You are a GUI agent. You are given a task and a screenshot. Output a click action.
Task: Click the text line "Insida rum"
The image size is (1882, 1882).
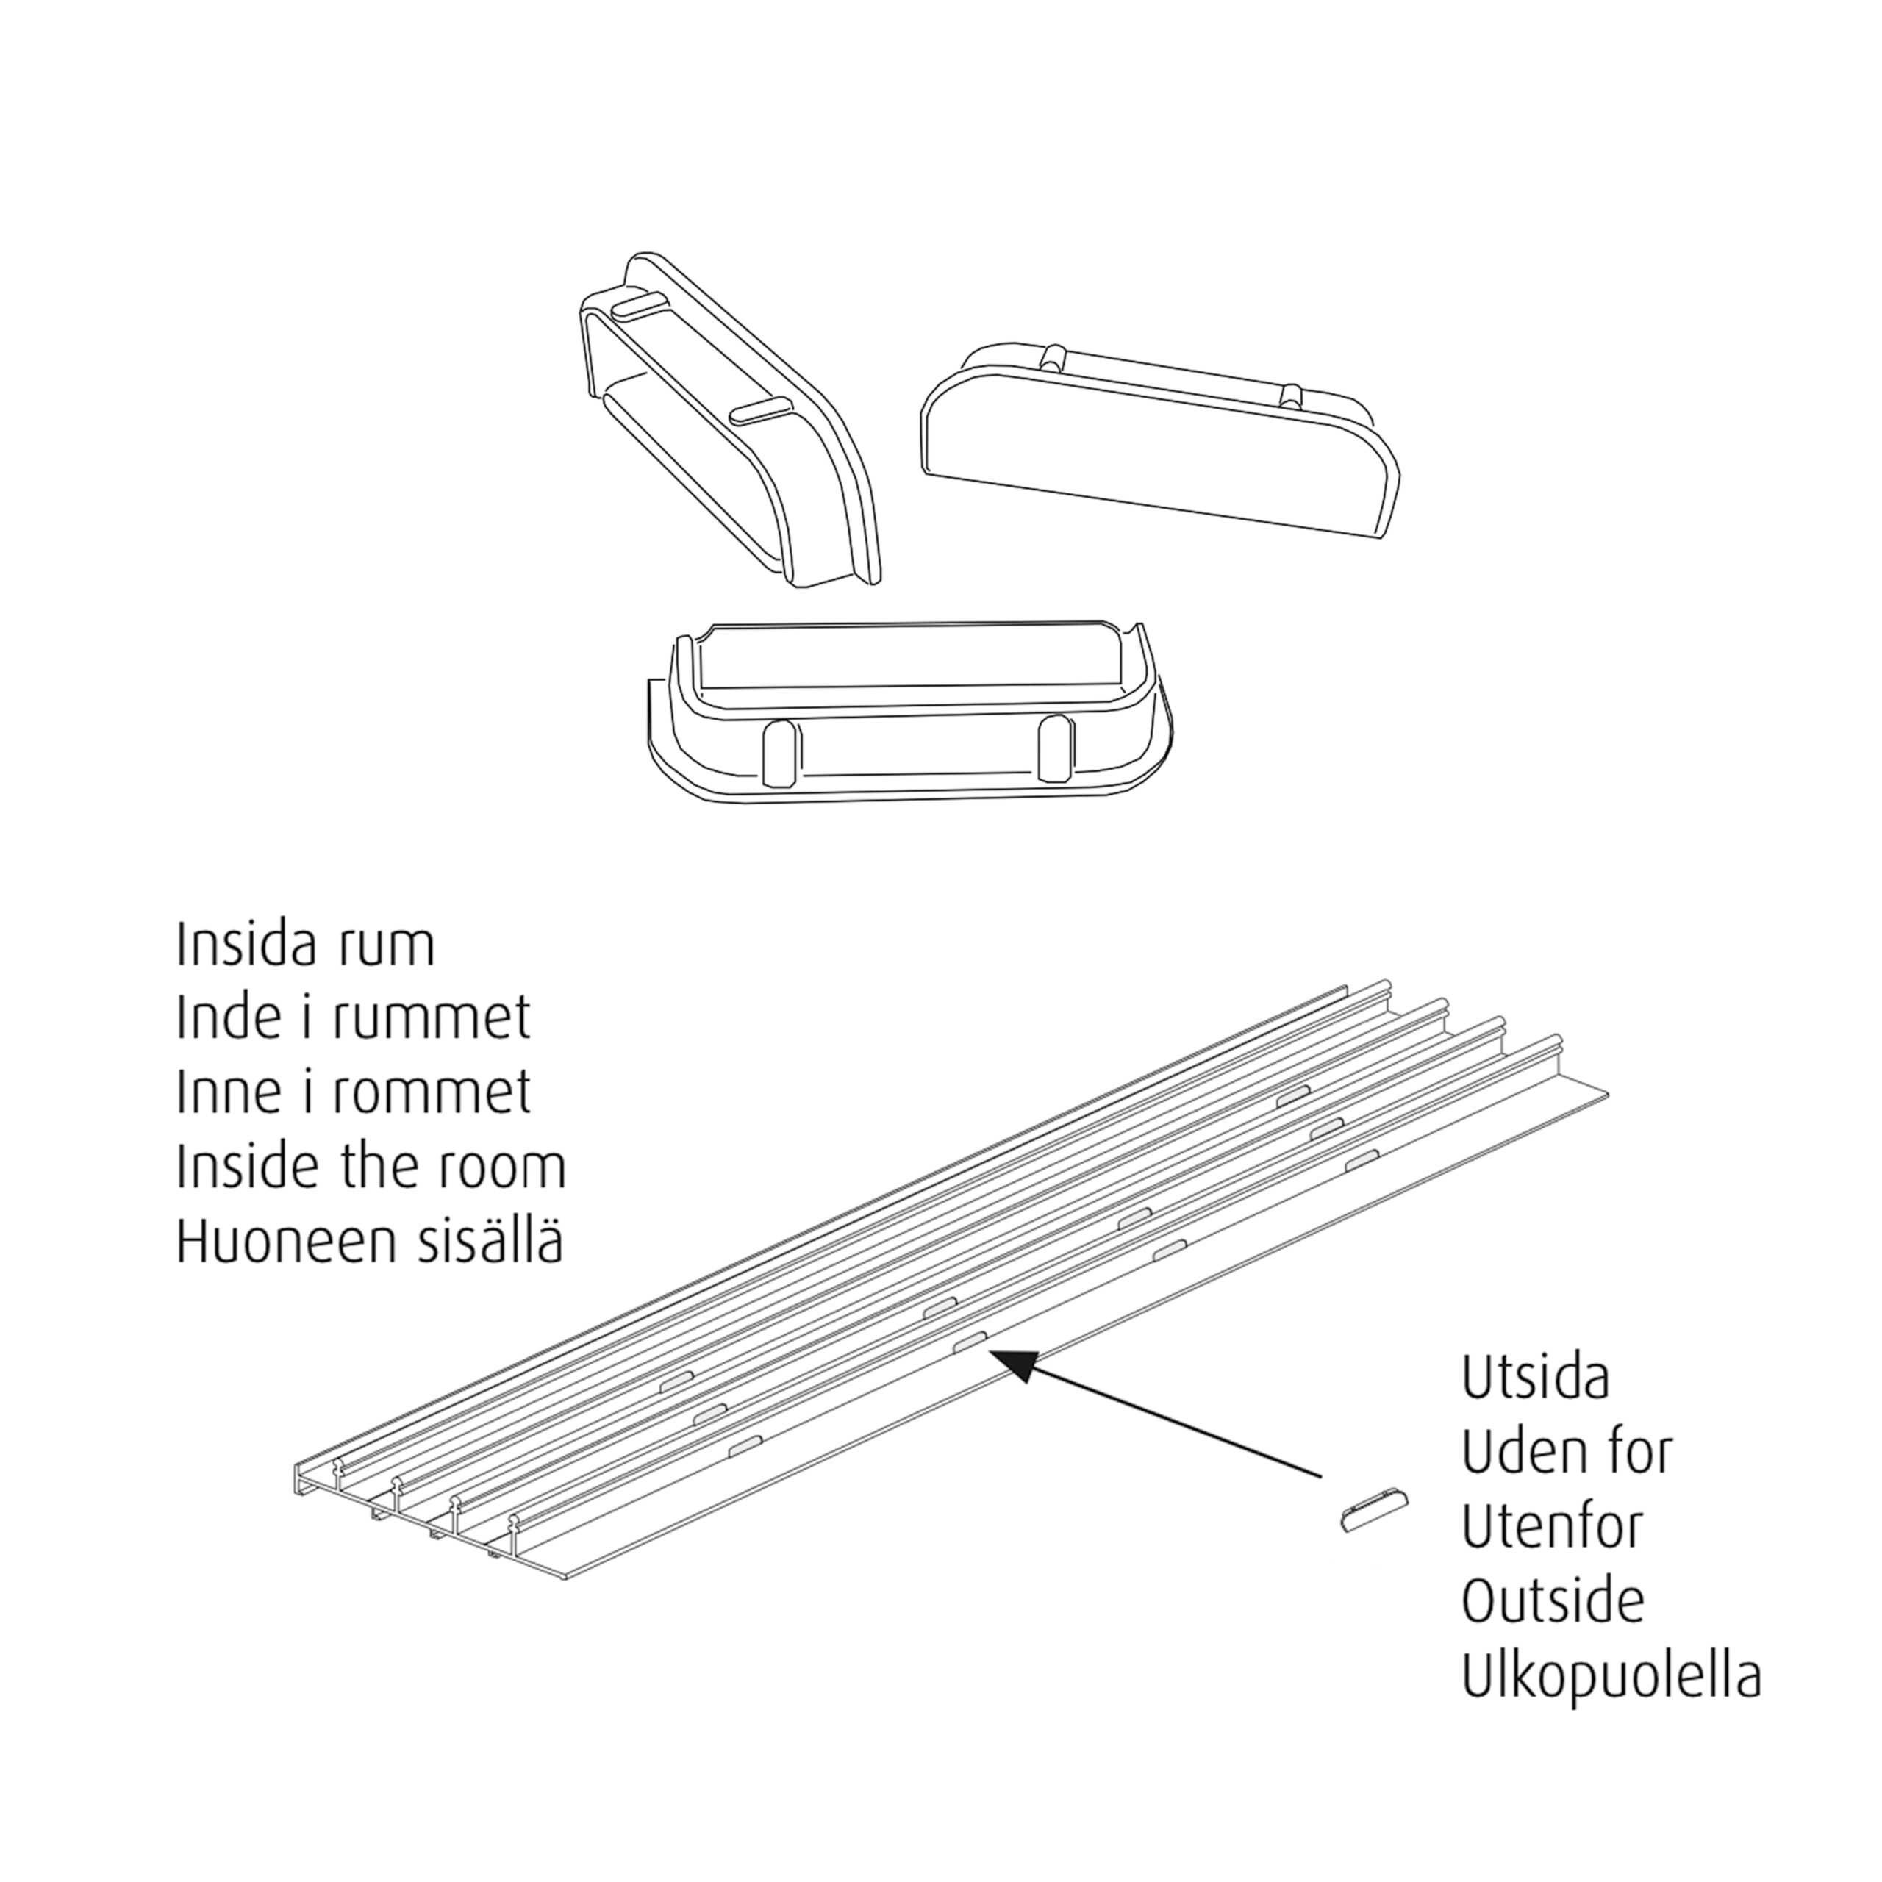click(x=305, y=945)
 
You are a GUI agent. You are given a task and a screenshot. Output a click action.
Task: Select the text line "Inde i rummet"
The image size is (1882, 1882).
click(x=354, y=1018)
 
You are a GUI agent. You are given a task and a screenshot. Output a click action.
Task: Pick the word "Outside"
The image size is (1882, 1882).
click(x=1553, y=1600)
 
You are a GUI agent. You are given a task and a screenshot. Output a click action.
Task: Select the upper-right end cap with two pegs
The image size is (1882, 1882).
click(x=1160, y=437)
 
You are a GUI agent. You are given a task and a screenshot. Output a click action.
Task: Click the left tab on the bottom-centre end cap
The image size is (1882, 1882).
click(x=780, y=754)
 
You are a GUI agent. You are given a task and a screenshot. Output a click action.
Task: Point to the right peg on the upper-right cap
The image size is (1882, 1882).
click(x=1292, y=395)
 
